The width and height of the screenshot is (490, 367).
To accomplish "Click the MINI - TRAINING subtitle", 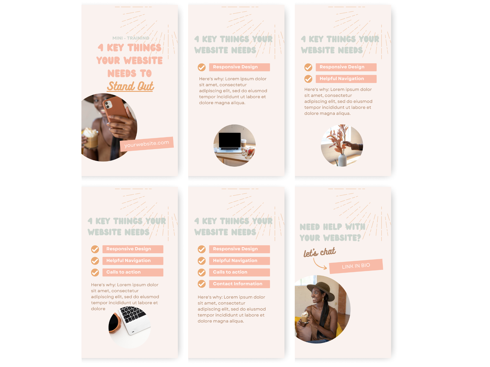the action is (x=131, y=38).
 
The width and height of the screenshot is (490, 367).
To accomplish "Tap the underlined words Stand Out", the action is (x=130, y=86).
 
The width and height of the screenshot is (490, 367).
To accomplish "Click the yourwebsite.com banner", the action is (x=147, y=144).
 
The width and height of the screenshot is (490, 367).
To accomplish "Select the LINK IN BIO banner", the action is (x=356, y=266).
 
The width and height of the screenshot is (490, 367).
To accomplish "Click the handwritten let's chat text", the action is (x=320, y=252).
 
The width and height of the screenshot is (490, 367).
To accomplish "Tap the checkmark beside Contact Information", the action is (x=202, y=284).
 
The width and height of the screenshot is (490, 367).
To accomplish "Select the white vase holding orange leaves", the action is (x=342, y=160).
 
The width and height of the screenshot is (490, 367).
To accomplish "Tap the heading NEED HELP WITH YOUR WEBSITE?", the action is (x=333, y=232).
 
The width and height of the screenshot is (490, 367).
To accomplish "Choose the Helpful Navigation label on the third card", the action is (x=346, y=79).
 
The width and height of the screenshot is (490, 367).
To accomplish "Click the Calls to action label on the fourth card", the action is (x=133, y=272).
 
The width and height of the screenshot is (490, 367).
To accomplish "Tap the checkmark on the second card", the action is (x=202, y=67).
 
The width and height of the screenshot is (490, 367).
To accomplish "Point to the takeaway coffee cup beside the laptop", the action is (x=244, y=143).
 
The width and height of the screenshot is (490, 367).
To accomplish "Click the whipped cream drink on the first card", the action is (x=90, y=138).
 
